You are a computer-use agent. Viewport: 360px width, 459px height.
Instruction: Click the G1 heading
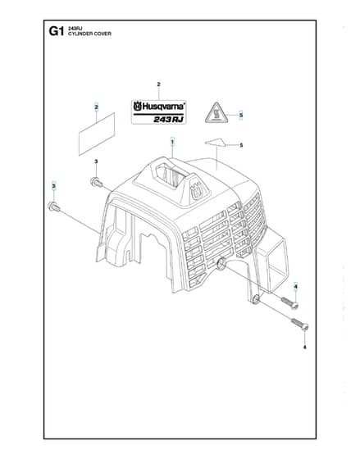(x=57, y=31)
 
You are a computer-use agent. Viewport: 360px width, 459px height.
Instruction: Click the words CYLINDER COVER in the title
(x=89, y=34)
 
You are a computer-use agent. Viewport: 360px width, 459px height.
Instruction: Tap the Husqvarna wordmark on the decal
(x=159, y=107)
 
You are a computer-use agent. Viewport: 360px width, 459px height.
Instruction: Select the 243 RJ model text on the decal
(x=168, y=120)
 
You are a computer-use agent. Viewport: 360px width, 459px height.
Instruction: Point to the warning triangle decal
(x=216, y=114)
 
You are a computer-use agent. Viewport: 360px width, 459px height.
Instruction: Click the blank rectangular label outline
(x=97, y=134)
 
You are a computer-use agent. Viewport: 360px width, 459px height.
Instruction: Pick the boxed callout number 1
(x=172, y=143)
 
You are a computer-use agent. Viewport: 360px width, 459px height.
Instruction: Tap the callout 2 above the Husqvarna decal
(x=159, y=84)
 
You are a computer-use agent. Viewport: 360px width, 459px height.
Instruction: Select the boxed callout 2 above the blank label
(x=97, y=107)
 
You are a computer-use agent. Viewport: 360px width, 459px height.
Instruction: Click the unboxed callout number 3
(x=96, y=161)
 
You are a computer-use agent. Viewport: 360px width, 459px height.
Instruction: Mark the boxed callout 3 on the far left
(x=53, y=186)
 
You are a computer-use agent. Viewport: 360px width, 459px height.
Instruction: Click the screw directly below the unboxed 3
(x=97, y=182)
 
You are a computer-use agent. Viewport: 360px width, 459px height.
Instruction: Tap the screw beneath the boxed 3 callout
(x=54, y=207)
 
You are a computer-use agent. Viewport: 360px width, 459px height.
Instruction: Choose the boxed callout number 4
(x=295, y=287)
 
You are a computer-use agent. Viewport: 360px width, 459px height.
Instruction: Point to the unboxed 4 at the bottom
(x=304, y=348)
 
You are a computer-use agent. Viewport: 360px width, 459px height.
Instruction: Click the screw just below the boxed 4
(x=289, y=303)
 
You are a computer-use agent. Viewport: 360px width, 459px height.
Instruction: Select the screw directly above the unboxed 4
(x=299, y=324)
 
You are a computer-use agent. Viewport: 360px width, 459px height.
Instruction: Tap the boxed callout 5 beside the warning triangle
(x=241, y=116)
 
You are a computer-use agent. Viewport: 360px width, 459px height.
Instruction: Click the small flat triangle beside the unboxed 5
(x=216, y=143)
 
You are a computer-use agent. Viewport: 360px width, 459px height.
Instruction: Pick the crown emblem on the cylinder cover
(x=197, y=191)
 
